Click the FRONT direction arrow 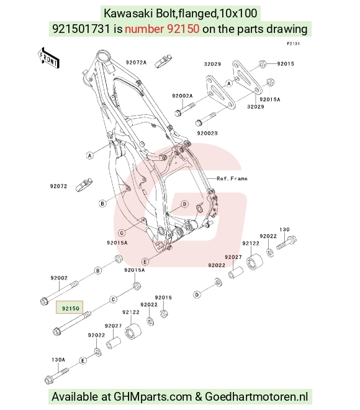[48, 58]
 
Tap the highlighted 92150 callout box [70, 307]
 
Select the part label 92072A [136, 62]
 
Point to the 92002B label [207, 133]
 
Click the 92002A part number [182, 96]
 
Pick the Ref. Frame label [232, 178]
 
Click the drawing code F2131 [294, 43]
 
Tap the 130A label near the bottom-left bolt [58, 360]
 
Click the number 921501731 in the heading [81, 29]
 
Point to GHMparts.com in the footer [153, 396]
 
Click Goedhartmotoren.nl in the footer [256, 396]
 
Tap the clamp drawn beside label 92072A [163, 61]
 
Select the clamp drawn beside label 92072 [84, 184]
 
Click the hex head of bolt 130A [49, 380]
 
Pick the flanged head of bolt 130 [292, 239]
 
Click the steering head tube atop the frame [104, 57]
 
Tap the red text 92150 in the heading [162, 29]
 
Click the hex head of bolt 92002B [199, 122]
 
